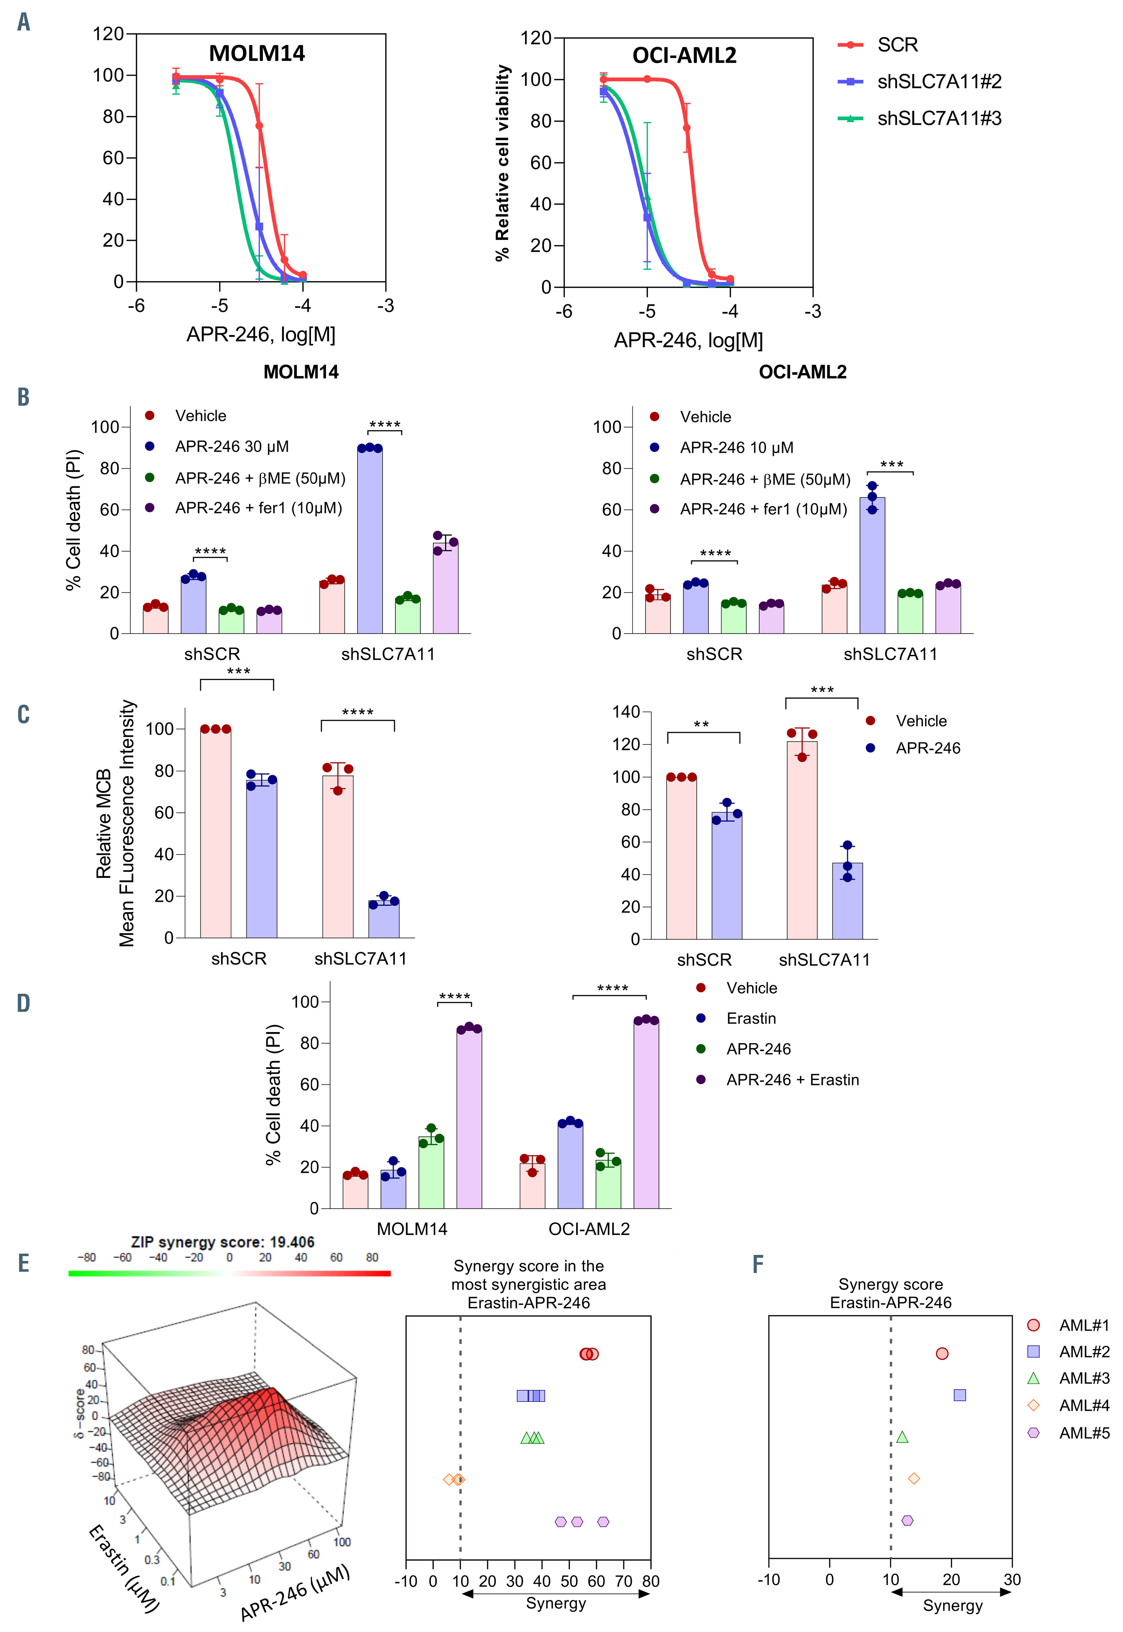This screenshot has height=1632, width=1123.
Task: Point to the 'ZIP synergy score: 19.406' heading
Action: pos(222,1242)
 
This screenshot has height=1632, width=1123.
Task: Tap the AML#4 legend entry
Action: pos(1084,1405)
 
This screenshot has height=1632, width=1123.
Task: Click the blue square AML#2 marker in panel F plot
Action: pos(959,1395)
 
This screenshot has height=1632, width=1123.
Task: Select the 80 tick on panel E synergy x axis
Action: pos(650,1581)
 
